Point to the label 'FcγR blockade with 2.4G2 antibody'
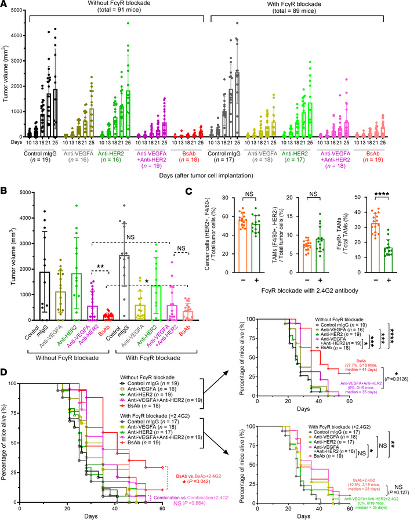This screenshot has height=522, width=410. click(314, 288)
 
